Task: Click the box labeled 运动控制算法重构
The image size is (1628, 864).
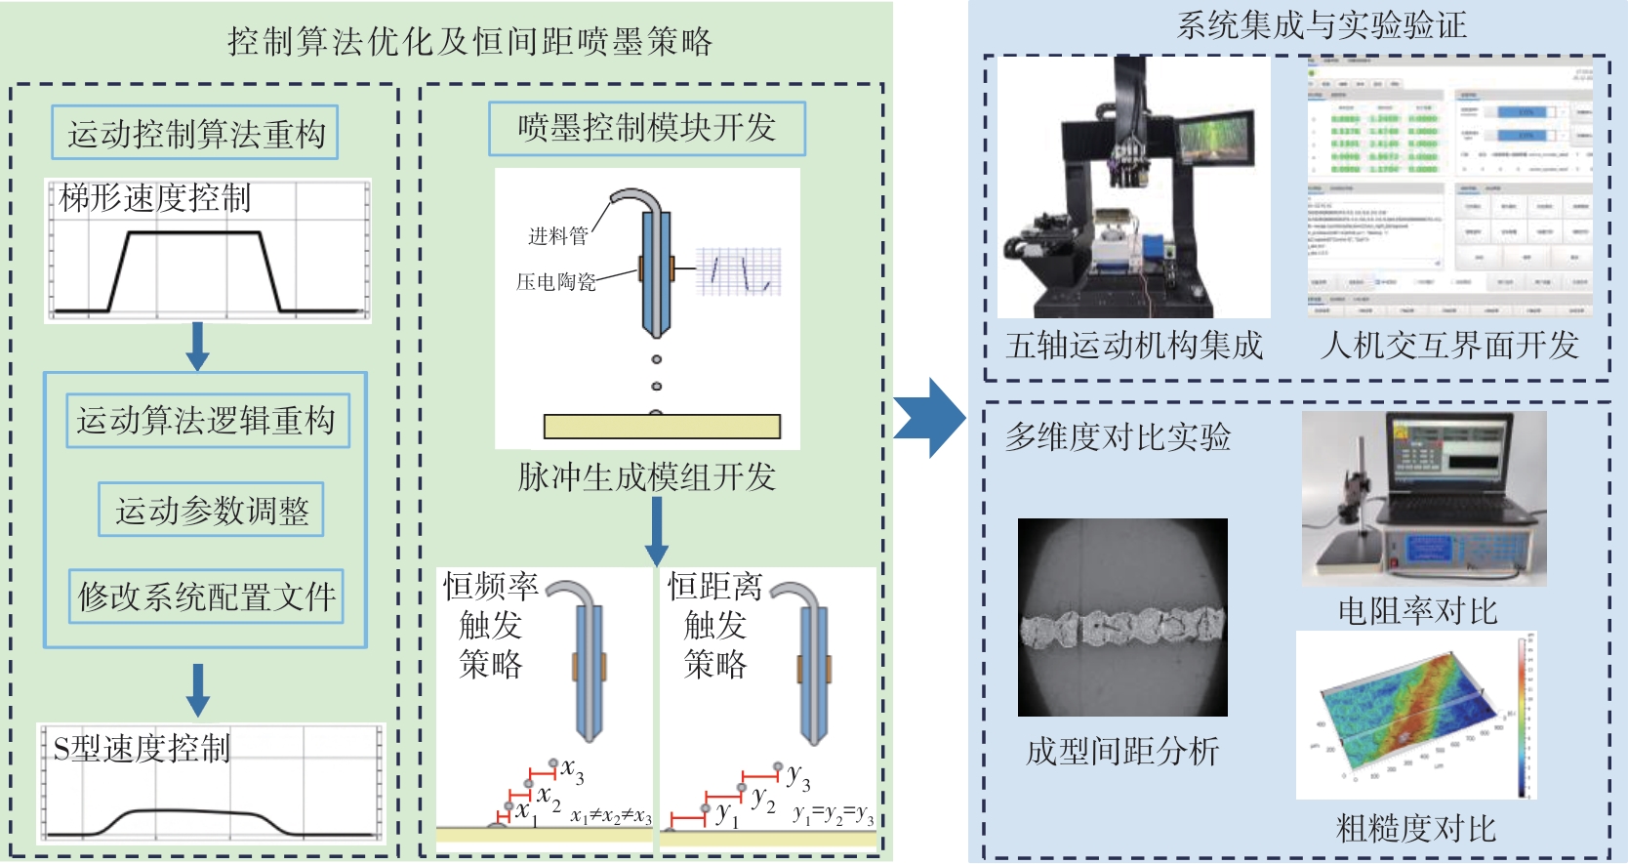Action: (195, 133)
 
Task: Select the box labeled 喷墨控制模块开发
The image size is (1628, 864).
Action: (647, 128)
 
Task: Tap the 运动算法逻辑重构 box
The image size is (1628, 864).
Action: (207, 421)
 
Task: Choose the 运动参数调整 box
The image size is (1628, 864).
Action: (211, 510)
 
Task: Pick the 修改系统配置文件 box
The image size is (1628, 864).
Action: (206, 596)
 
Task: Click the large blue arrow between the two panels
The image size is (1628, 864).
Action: (928, 418)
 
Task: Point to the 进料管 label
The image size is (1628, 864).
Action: (558, 236)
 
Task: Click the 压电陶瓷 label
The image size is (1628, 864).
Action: (555, 282)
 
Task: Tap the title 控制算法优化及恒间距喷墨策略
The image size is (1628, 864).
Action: (470, 41)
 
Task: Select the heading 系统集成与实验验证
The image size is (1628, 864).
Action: (1322, 25)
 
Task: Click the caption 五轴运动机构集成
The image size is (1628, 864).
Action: (1134, 346)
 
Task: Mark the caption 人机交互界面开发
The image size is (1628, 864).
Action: (1449, 346)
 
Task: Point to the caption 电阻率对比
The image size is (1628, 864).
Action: (1417, 611)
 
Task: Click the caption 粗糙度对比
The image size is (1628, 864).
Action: (1415, 829)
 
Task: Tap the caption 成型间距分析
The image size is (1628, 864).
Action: (1122, 751)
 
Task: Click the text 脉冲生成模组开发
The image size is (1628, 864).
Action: (646, 476)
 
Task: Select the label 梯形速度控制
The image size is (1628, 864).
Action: (155, 198)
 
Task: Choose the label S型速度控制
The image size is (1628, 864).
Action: (142, 748)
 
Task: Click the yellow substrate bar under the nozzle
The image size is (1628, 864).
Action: (662, 427)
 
